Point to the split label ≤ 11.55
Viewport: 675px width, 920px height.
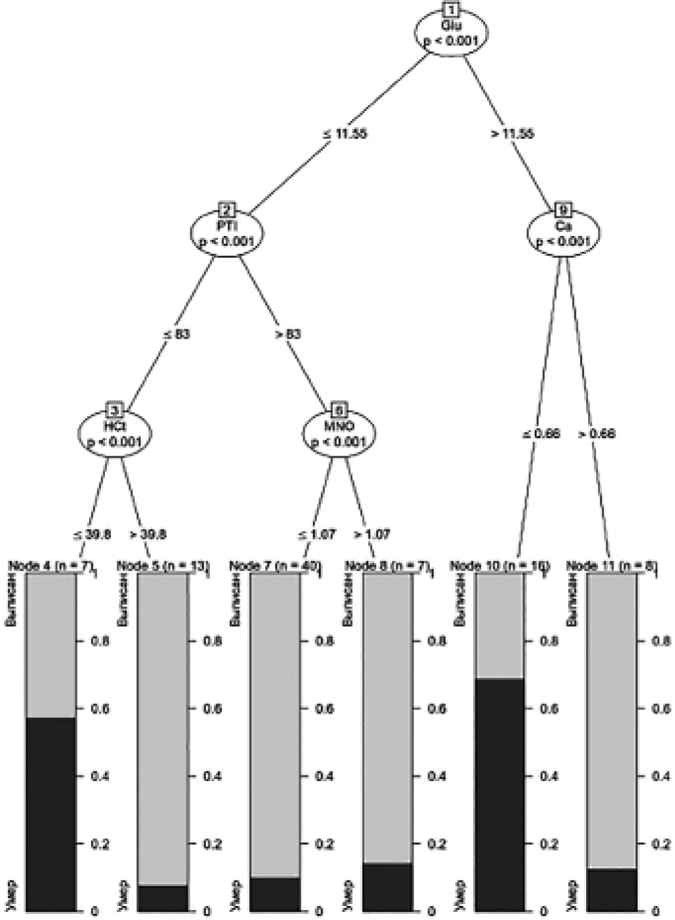344,133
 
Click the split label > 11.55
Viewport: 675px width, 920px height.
512,133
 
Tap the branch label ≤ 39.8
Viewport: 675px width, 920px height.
92,534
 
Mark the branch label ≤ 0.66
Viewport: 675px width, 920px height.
541,434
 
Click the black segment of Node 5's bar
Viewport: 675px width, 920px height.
163,898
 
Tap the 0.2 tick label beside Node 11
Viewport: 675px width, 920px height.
660,844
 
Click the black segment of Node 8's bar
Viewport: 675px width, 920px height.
387,887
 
